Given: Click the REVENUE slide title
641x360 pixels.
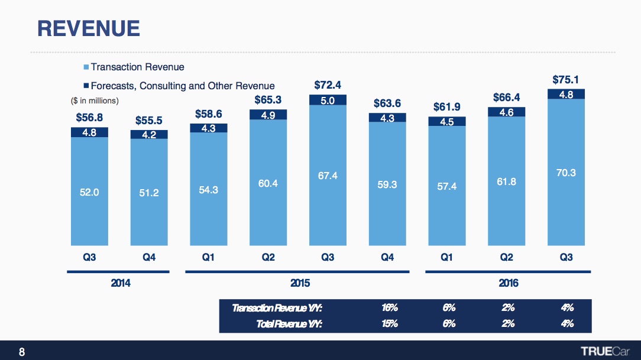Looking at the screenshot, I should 89,28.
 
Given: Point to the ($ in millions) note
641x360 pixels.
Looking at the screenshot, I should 91,100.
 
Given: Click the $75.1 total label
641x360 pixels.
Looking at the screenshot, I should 565,79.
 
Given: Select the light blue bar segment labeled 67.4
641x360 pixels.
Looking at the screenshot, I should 328,177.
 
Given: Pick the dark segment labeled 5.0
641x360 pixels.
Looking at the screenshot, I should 328,100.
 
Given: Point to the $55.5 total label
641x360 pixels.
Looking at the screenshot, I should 149,120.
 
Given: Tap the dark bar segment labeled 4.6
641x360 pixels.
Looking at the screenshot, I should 506,112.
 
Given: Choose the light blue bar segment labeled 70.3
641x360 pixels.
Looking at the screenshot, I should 565,173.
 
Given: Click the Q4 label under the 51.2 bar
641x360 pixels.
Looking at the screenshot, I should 149,257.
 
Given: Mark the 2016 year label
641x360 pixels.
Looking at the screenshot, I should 508,283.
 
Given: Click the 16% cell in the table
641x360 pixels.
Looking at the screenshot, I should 389,307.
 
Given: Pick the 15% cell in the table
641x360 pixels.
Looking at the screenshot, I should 389,323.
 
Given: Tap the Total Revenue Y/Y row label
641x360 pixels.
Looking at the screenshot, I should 289,323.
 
